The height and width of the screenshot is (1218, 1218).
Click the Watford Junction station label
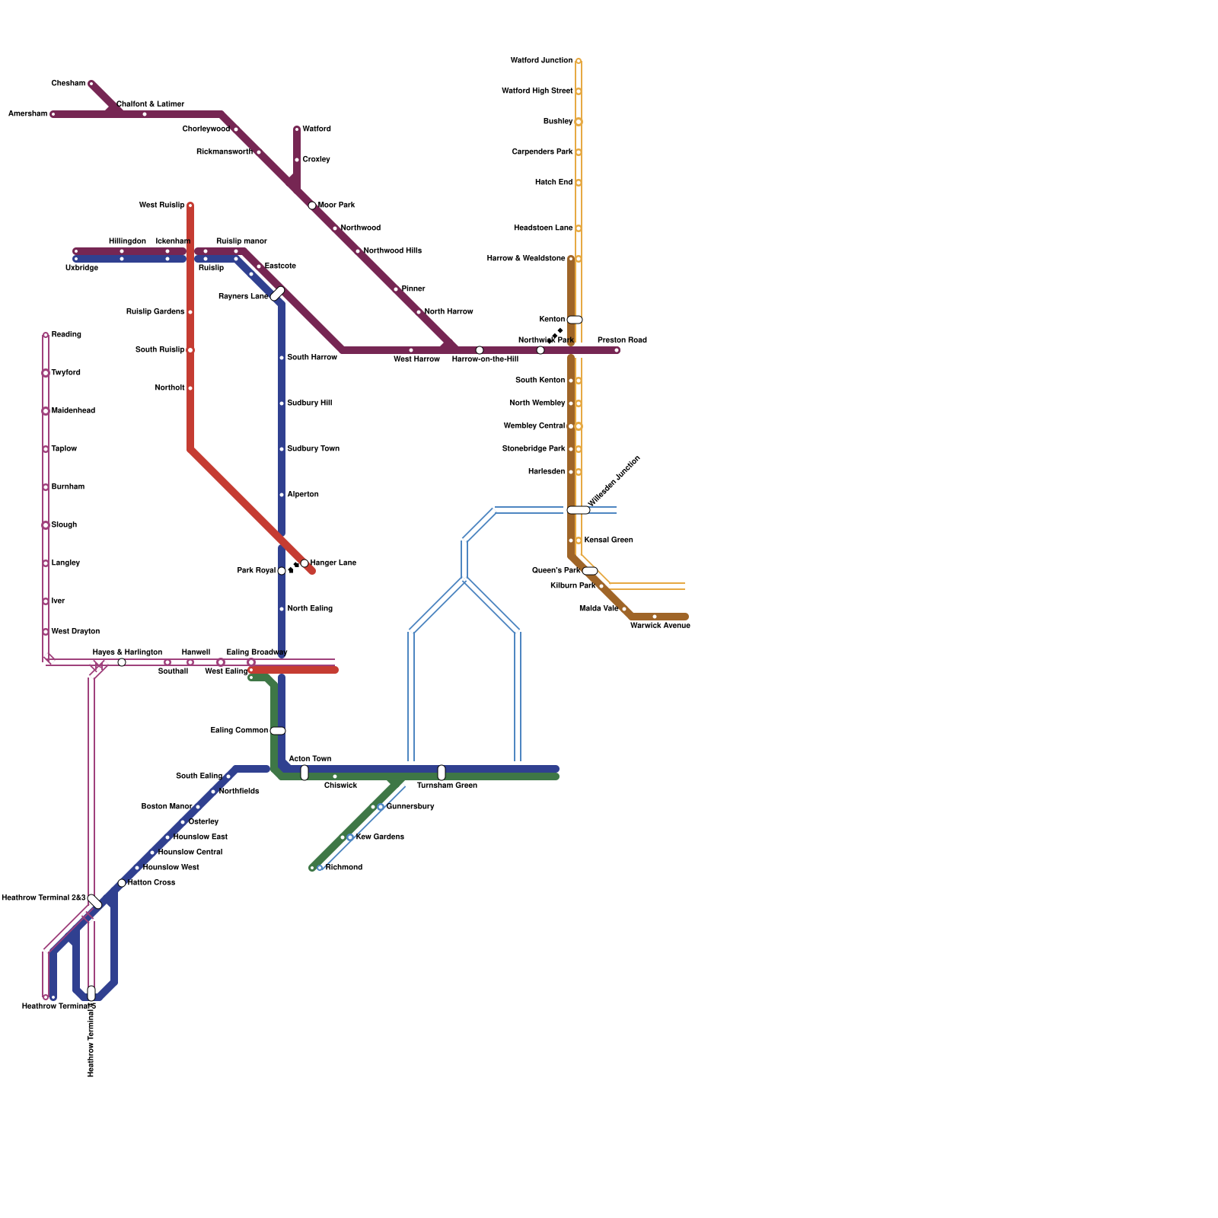coord(541,61)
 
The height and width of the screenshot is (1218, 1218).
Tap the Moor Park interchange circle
coord(312,206)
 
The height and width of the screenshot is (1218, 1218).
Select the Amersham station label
coord(27,114)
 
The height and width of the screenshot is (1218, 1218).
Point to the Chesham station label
coord(68,84)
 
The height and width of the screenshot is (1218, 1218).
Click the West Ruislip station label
coord(161,206)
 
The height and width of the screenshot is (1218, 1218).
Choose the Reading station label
coord(66,335)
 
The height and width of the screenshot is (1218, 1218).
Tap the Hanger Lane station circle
coord(304,563)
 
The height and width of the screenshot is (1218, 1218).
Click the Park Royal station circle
coord(282,571)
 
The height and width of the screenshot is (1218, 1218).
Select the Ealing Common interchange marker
coord(278,731)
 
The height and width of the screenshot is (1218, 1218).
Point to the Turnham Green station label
coord(447,786)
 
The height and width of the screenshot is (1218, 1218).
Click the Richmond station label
coord(344,868)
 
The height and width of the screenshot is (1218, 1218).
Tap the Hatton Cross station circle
coord(122,883)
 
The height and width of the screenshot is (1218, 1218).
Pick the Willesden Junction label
coord(615,481)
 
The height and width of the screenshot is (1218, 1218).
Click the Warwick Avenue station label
coord(660,626)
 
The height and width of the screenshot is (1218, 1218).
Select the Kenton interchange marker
coord(575,320)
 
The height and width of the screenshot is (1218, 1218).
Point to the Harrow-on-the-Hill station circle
coord(480,350)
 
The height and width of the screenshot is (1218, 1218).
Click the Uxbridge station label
coord(81,268)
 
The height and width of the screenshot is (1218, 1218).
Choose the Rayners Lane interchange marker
coord(278,294)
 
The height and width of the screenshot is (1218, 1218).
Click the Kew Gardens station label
coord(380,837)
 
